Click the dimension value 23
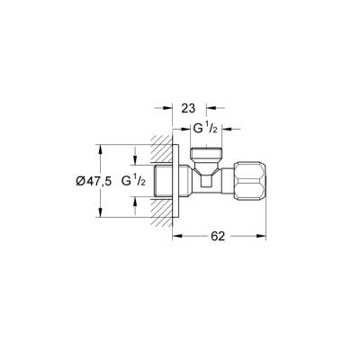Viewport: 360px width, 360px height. [187, 107]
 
